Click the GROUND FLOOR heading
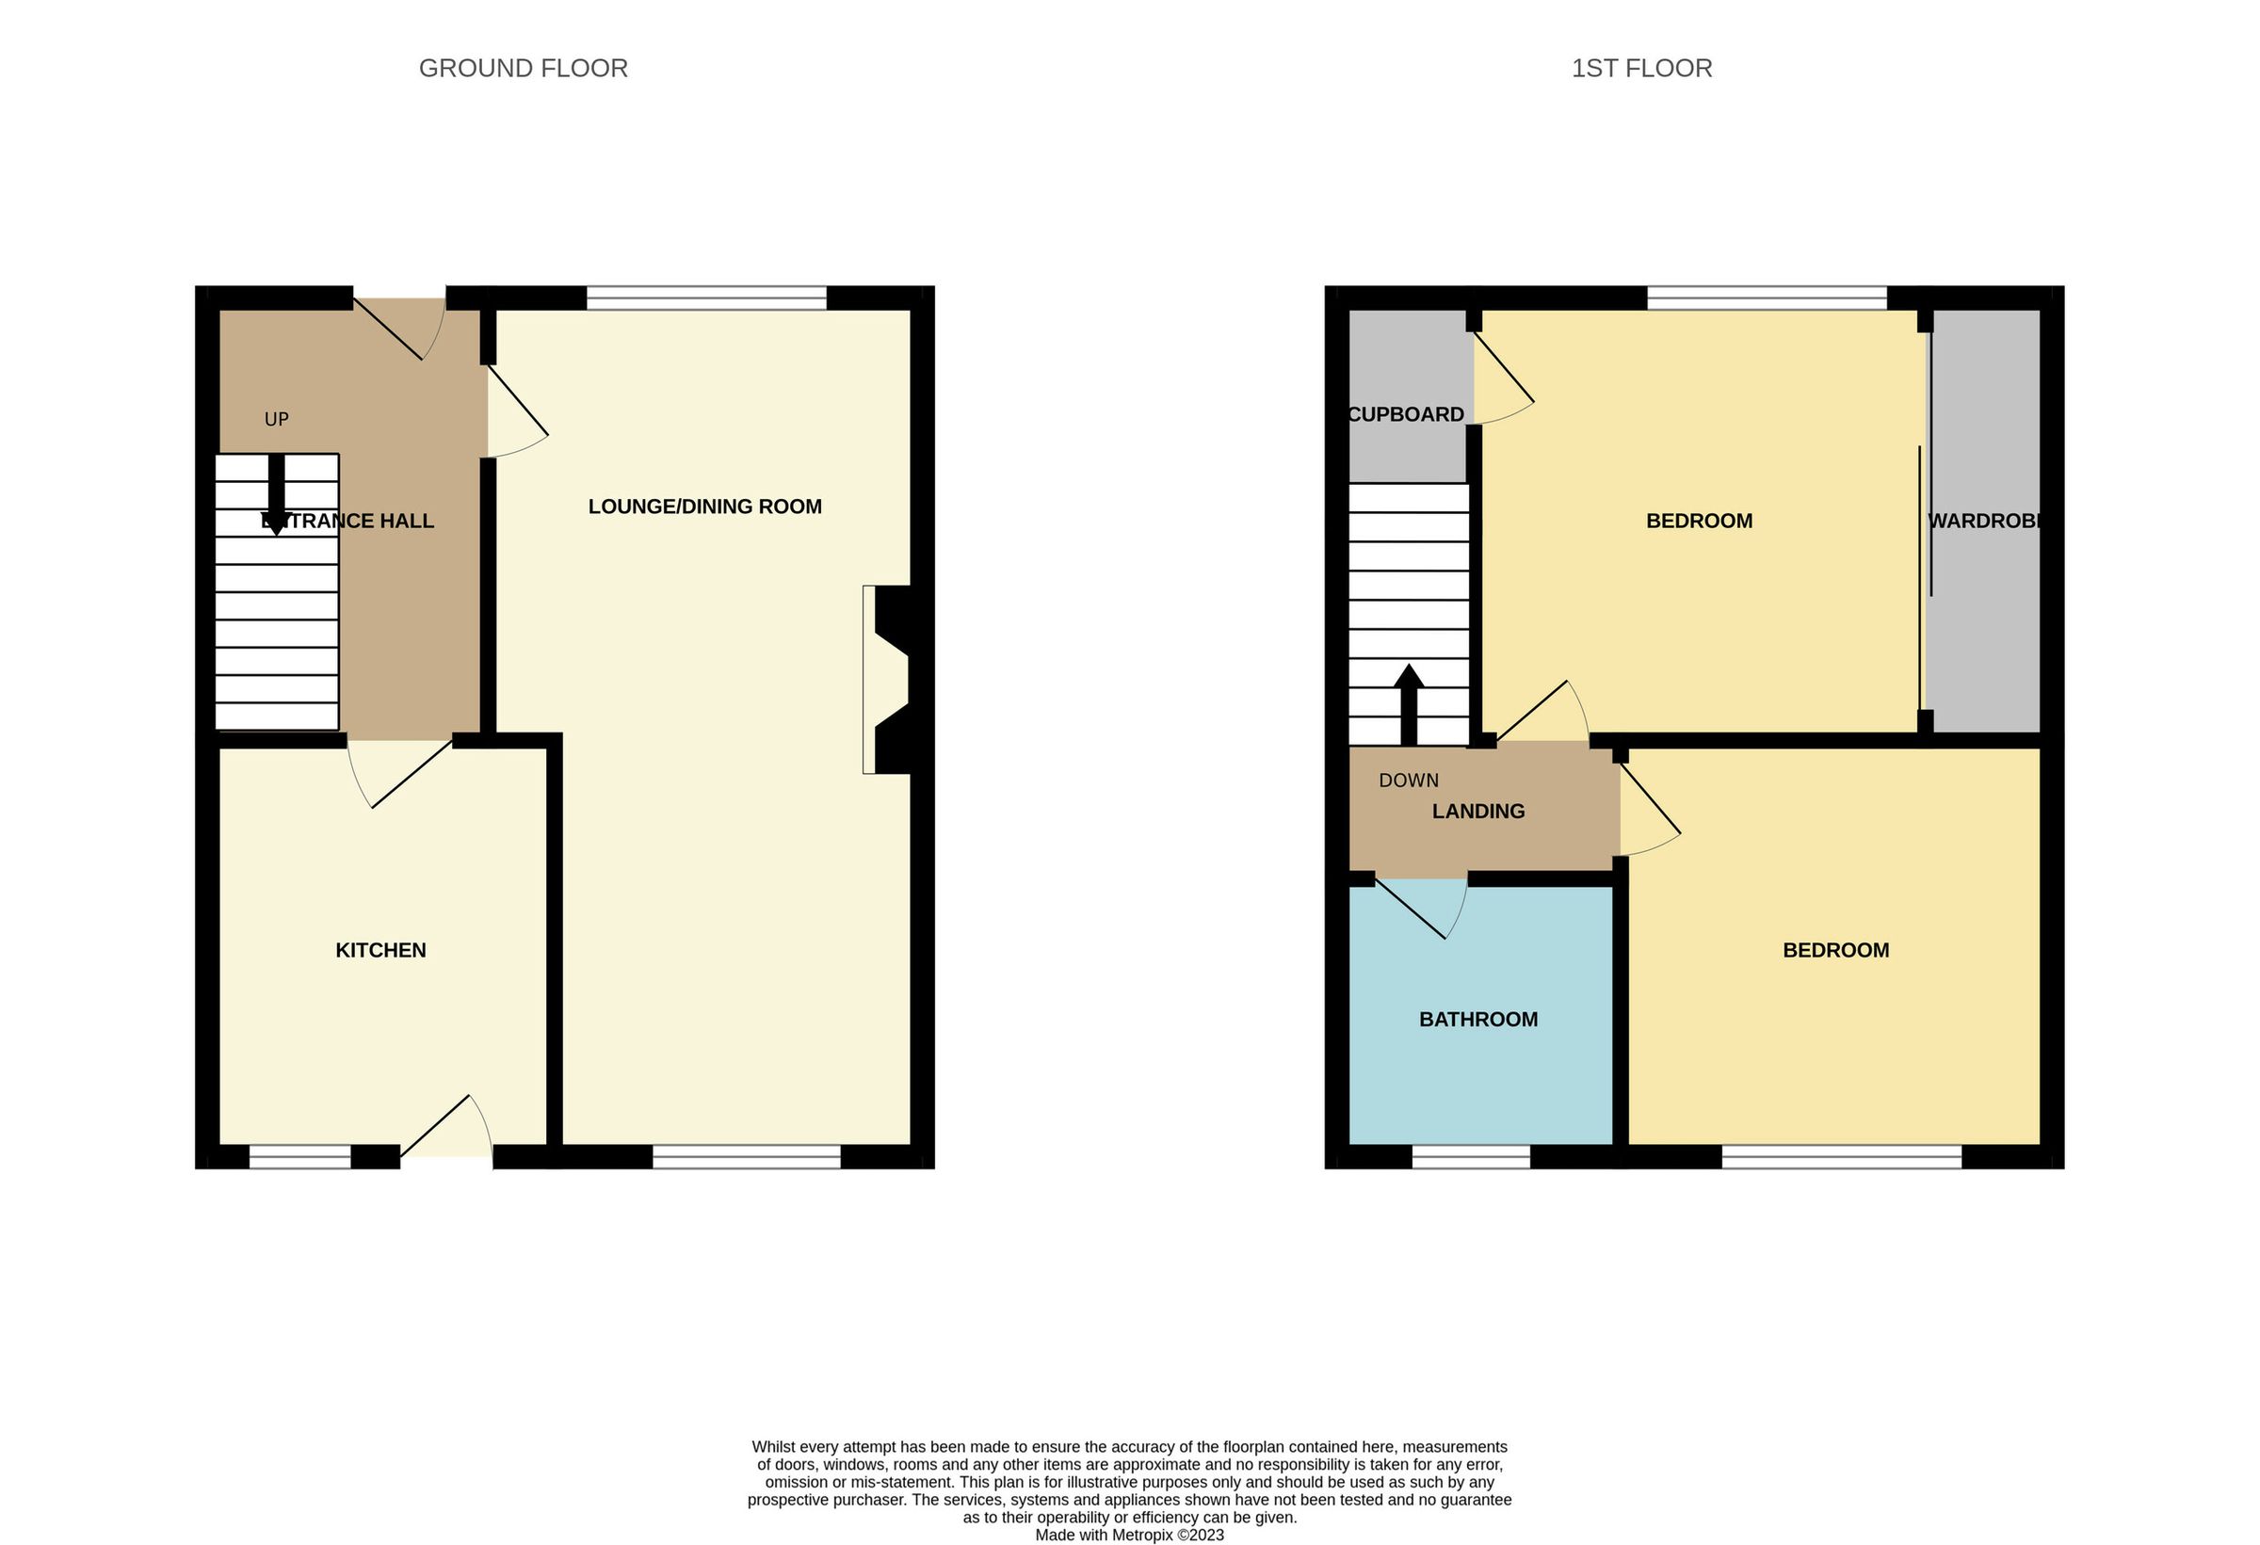point(523,68)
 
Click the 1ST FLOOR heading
point(1640,68)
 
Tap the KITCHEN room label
point(380,950)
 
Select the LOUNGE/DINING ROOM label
point(704,506)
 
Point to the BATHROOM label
point(1477,1019)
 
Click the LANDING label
point(1477,811)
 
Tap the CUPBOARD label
point(1405,414)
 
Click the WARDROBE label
point(1983,521)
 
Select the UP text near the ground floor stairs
point(276,419)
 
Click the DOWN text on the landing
point(1407,780)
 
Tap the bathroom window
point(1469,1156)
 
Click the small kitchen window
point(299,1156)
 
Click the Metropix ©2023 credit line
point(1128,1536)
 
